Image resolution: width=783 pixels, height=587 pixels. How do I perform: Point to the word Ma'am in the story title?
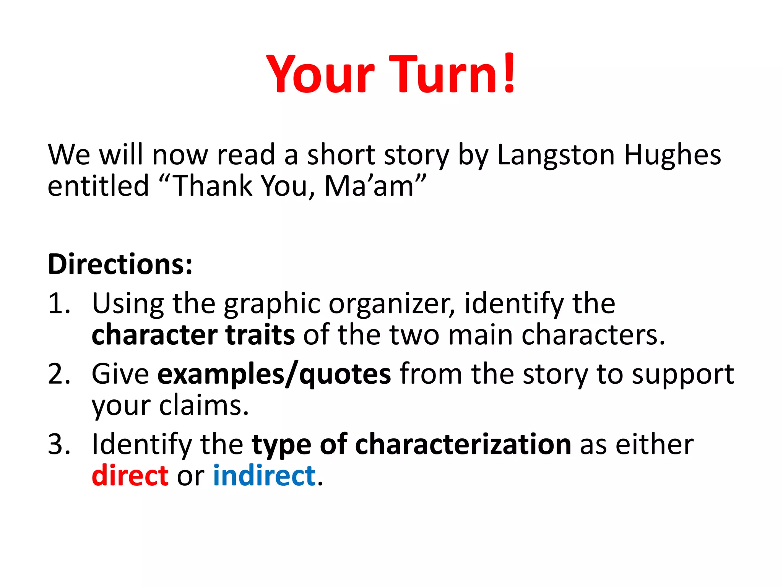pyautogui.click(x=369, y=186)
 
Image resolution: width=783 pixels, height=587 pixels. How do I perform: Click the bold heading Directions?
pyautogui.click(x=120, y=264)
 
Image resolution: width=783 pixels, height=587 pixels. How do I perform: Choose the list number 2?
pyautogui.click(x=59, y=374)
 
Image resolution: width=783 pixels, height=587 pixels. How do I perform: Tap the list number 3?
pyautogui.click(x=59, y=444)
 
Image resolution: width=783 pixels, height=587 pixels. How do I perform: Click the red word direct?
pyautogui.click(x=130, y=476)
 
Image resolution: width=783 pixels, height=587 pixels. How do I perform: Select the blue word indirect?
pyautogui.click(x=264, y=476)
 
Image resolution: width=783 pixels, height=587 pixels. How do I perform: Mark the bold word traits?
pyautogui.click(x=260, y=335)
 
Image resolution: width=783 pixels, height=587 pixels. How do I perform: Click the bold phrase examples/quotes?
pyautogui.click(x=274, y=374)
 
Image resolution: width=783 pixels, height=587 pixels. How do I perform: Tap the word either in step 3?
pyautogui.click(x=655, y=444)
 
